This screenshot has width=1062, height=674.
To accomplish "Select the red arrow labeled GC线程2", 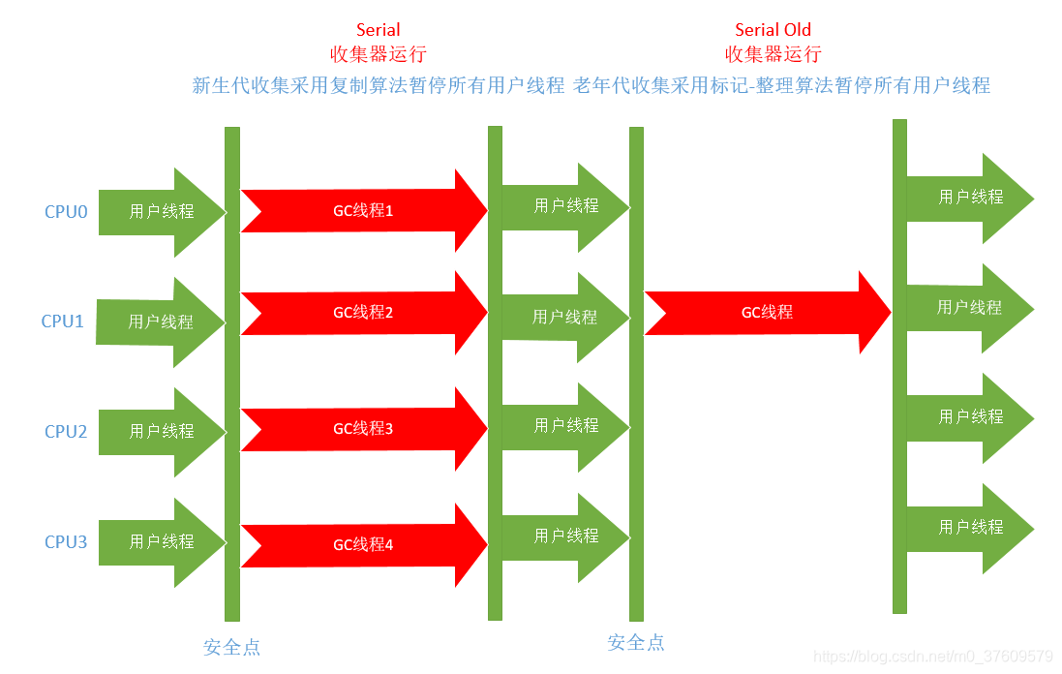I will [x=363, y=314].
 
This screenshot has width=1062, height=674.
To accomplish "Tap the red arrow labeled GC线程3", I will [x=363, y=429].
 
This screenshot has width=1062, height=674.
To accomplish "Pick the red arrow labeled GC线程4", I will [x=363, y=545].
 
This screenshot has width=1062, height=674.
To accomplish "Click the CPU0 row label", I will [x=66, y=212].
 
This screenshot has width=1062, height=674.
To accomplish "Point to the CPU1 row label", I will [x=63, y=322].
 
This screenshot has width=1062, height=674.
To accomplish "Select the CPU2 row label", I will [x=66, y=432].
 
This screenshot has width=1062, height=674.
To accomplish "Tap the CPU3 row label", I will [x=66, y=542].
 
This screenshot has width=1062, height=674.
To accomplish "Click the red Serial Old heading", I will [x=773, y=30].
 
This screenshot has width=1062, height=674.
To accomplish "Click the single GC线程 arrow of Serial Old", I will [x=767, y=313].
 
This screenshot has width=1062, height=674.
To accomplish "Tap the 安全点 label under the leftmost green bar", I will [x=232, y=648].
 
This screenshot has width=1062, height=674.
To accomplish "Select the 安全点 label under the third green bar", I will [x=636, y=643].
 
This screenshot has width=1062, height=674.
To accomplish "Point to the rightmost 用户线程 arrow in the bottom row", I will [x=970, y=528].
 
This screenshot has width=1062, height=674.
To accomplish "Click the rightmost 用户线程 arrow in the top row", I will [x=970, y=198].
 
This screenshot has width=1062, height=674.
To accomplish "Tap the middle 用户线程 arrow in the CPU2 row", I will [x=566, y=426].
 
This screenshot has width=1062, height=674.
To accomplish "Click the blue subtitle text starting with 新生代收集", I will [x=378, y=85].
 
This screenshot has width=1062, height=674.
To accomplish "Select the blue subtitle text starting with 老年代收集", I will [x=782, y=85].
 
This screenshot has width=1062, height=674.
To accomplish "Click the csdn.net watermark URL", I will [x=933, y=657].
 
